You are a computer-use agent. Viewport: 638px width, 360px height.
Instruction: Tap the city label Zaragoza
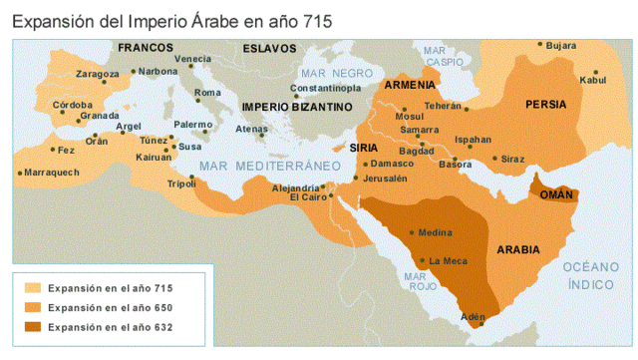pyautogui.click(x=97, y=73)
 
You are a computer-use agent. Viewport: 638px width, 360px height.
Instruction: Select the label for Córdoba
pyautogui.click(x=72, y=104)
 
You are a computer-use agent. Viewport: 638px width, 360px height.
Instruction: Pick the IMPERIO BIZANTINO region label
pyautogui.click(x=297, y=106)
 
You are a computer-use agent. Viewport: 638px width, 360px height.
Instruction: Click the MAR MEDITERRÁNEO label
pyautogui.click(x=270, y=165)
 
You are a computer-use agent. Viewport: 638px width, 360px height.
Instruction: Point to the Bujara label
pyautogui.click(x=562, y=46)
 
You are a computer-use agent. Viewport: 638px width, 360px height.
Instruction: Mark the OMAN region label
pyautogui.click(x=556, y=195)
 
